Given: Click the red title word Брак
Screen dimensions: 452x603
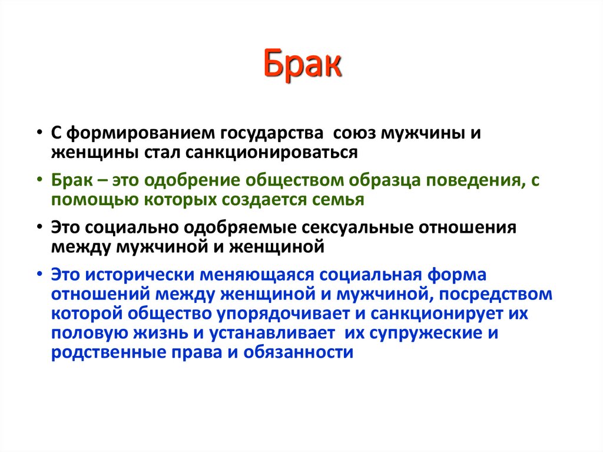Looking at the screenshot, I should (x=301, y=66).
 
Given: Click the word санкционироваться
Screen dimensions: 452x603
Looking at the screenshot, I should (x=272, y=152).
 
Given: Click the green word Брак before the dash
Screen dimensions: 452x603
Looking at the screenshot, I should (x=69, y=180).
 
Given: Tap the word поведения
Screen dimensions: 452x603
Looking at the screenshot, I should (x=470, y=180).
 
